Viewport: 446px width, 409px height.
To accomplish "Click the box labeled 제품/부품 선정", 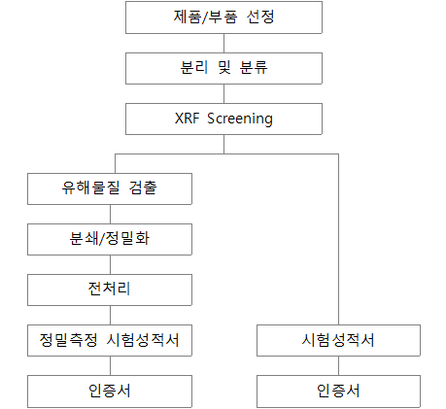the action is (x=223, y=17).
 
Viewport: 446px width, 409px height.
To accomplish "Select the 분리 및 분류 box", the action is (x=223, y=68).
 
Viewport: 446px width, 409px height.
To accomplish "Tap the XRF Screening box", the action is (x=223, y=119).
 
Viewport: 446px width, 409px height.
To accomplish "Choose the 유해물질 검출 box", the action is (x=110, y=188).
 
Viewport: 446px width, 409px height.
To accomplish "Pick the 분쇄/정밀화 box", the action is (x=110, y=239).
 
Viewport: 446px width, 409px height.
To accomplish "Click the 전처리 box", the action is (x=110, y=290).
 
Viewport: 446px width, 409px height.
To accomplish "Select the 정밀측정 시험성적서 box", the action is (x=110, y=340).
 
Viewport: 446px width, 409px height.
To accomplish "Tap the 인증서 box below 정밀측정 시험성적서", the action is (x=110, y=392).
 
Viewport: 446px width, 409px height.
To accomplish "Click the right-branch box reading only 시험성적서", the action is (x=338, y=340).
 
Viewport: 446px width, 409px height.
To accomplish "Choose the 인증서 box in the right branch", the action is (x=338, y=392).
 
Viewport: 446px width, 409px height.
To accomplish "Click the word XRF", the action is (x=187, y=119).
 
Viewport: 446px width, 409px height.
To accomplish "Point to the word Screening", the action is (x=240, y=119).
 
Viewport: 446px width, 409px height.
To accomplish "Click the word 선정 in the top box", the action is (x=260, y=17).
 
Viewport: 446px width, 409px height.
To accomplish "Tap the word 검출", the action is (x=143, y=187).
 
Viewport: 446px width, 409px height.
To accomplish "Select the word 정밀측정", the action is (x=68, y=340).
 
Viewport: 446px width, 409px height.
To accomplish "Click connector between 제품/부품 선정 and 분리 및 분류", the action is (x=223, y=44).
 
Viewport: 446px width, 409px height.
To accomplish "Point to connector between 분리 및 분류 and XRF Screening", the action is (x=223, y=94).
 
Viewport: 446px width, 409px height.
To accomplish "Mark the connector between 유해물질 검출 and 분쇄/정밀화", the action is (x=110, y=215).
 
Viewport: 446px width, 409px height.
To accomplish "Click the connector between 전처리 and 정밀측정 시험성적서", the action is (x=110, y=316).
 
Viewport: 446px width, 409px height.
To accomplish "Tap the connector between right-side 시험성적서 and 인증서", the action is (x=338, y=366).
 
